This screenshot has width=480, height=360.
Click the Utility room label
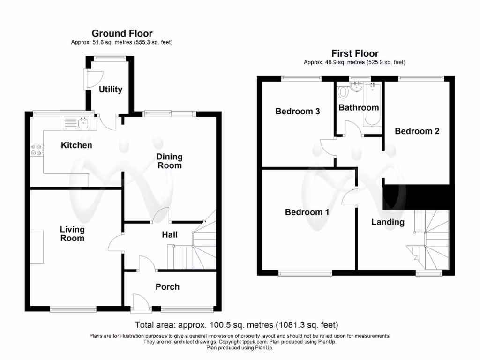click(x=111, y=90)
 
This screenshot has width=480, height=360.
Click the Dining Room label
click(x=169, y=161)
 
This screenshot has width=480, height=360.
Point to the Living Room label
click(x=72, y=233)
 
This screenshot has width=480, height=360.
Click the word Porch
click(x=167, y=287)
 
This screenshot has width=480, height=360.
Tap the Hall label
click(x=170, y=234)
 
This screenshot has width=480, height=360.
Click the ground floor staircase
click(x=197, y=248)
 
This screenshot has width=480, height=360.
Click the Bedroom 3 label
click(x=298, y=111)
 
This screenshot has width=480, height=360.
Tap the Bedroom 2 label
click(x=417, y=131)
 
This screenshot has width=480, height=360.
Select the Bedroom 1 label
click(x=307, y=212)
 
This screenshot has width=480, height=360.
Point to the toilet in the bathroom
click(x=342, y=91)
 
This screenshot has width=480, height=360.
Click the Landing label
click(x=388, y=222)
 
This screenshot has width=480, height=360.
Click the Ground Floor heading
click(x=122, y=33)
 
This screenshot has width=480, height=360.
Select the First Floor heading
click(x=355, y=53)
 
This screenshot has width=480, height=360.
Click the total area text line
click(x=236, y=324)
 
